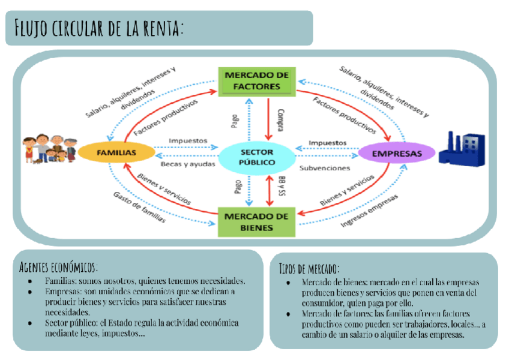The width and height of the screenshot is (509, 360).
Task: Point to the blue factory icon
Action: pyautogui.click(x=461, y=148)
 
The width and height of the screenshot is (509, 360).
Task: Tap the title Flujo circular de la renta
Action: pyautogui.click(x=100, y=28)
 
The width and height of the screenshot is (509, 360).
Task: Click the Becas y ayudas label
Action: pyautogui.click(x=188, y=163)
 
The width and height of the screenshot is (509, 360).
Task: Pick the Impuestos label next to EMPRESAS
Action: pyautogui.click(x=327, y=142)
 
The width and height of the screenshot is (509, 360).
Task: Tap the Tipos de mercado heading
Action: pyautogui.click(x=309, y=268)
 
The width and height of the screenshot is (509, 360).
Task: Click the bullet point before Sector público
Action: pyautogui.click(x=31, y=323)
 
